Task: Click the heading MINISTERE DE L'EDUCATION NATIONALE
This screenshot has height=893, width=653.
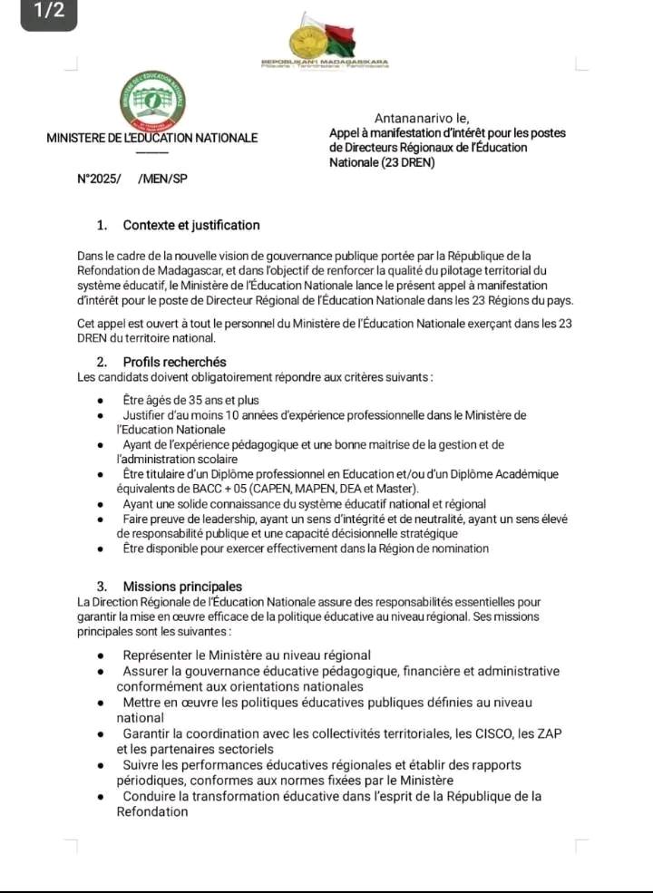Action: pos(152,139)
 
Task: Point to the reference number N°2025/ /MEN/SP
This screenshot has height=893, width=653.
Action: pos(132,180)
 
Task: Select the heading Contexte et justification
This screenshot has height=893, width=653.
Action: pos(191,226)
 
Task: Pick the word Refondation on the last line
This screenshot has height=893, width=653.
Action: pos(152,812)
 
